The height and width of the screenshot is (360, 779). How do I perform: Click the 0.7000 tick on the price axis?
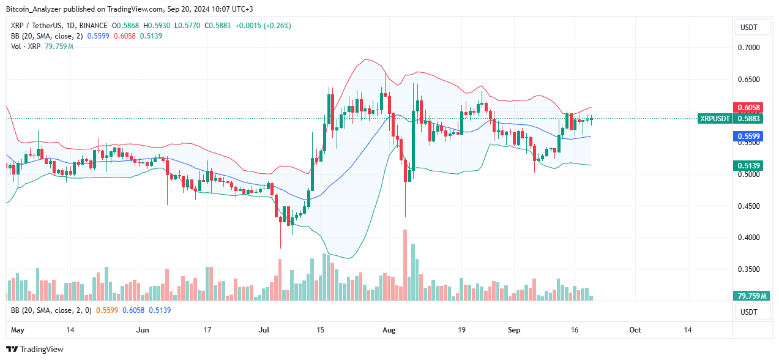click(750, 48)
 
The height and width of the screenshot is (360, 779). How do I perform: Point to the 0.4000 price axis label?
click(750, 238)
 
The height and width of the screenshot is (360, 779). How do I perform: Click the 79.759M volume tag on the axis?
click(749, 296)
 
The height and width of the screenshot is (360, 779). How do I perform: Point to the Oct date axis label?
click(635, 330)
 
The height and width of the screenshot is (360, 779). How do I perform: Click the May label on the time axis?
click(18, 330)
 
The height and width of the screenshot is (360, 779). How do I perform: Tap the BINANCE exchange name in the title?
click(94, 26)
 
